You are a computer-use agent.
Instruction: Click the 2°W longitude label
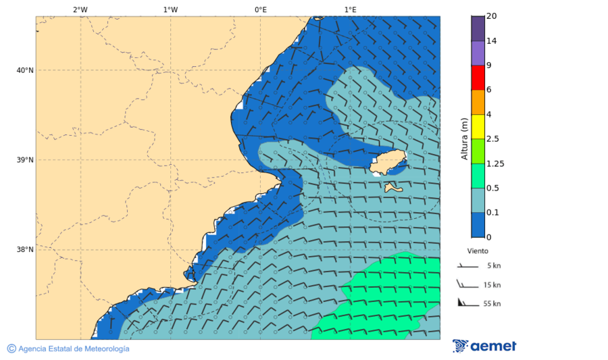tap(80, 9)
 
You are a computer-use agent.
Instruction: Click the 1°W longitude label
tap(170, 9)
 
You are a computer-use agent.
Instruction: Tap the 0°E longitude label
tap(260, 9)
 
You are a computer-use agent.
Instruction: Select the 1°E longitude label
tap(350, 9)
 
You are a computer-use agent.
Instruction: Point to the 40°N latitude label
tap(25, 70)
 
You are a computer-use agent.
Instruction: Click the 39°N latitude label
tap(25, 160)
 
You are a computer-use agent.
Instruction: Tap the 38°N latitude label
tap(25, 250)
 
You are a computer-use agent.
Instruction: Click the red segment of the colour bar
tap(478, 77)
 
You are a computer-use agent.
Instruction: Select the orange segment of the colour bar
tap(478, 102)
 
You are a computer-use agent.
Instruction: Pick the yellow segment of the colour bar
tap(478, 126)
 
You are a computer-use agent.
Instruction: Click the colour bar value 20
tap(492, 17)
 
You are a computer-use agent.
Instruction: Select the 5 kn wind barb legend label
tap(493, 266)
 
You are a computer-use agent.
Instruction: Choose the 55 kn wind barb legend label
tap(492, 304)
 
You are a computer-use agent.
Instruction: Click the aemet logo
tap(484, 346)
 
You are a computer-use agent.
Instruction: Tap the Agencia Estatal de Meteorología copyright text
tap(68, 349)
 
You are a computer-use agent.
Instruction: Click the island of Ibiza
tap(388, 163)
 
